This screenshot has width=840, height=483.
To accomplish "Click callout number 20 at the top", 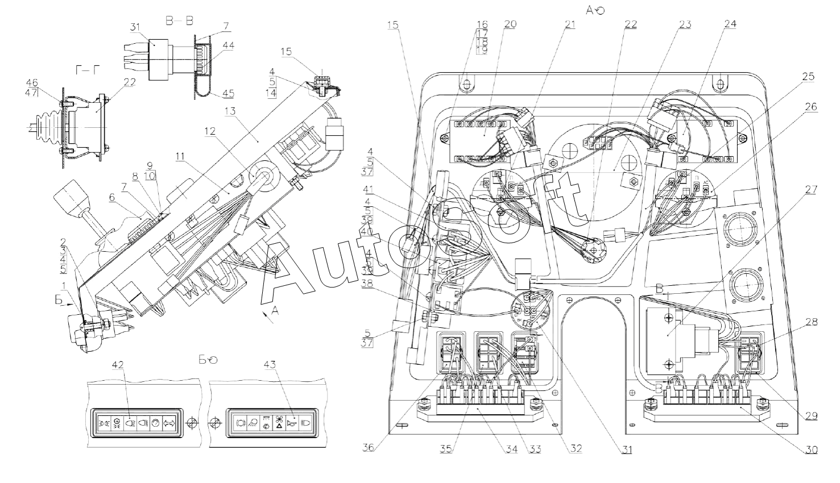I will (x=510, y=24).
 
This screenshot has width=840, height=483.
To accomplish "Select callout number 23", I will (x=685, y=24).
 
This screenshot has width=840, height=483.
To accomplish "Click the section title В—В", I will (x=179, y=21).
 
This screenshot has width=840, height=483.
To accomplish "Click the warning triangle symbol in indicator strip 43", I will (x=279, y=424).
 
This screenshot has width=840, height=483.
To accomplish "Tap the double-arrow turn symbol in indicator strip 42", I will (x=169, y=423).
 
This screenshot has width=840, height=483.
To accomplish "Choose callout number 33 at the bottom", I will (x=536, y=449).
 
